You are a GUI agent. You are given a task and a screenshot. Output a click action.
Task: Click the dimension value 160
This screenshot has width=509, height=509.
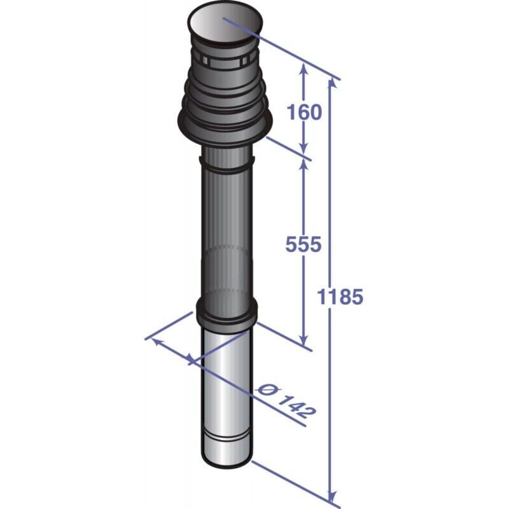click(304, 112)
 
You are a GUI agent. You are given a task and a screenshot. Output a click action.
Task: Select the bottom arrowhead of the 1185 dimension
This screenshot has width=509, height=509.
click(331, 495)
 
